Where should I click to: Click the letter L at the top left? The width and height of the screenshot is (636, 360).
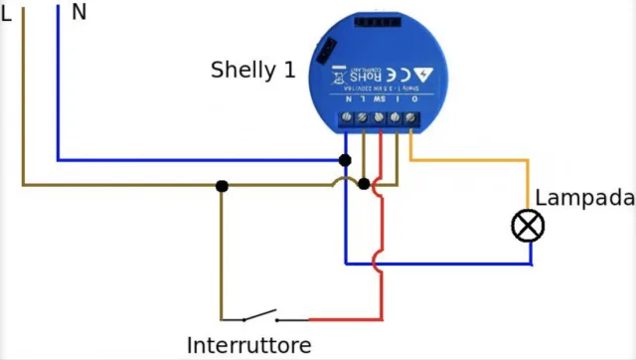7,16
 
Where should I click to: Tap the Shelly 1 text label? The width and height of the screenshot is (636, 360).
252,71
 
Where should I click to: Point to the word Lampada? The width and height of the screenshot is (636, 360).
584,198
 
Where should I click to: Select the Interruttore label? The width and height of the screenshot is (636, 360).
249,345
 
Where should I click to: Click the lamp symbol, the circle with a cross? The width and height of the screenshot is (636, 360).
529,227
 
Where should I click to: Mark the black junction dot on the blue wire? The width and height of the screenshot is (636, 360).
345,160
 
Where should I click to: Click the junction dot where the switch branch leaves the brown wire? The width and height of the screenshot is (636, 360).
222,185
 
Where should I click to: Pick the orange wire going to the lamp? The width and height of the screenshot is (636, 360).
467,160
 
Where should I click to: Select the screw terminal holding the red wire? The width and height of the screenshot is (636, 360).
379,120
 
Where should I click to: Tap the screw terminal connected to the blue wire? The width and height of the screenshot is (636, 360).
346,120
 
